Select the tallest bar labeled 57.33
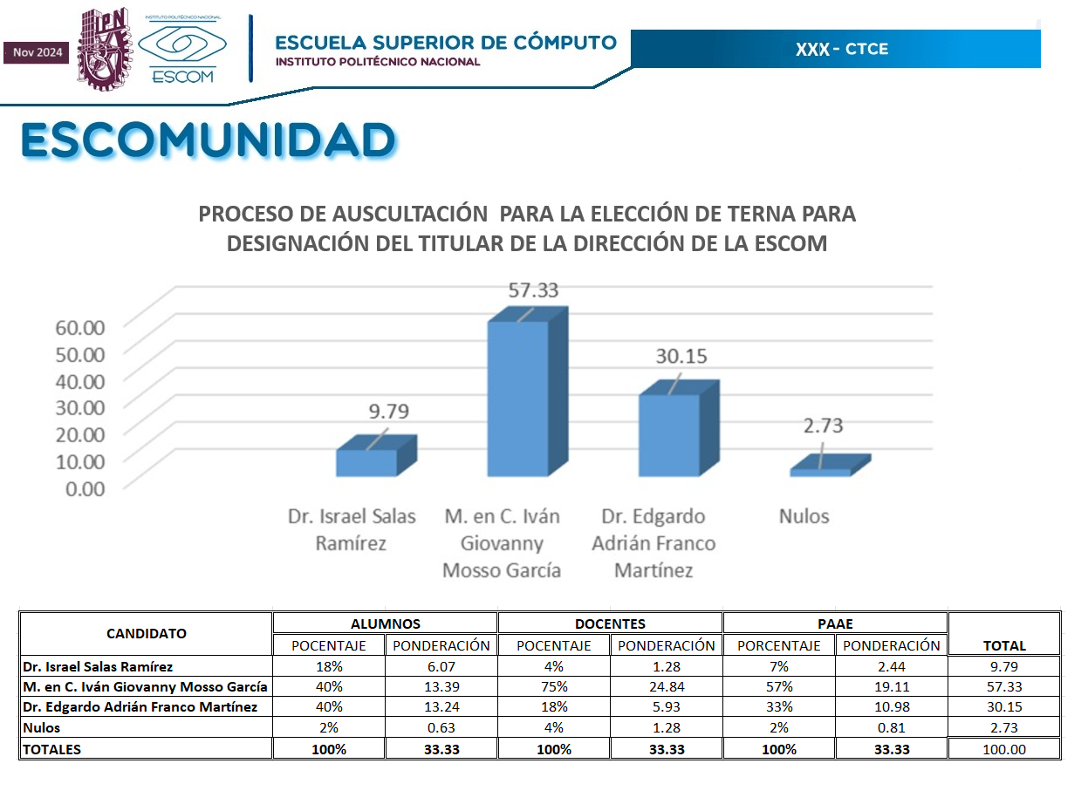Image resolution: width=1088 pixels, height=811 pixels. (x=517, y=399)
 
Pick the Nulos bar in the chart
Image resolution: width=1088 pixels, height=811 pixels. (x=820, y=472)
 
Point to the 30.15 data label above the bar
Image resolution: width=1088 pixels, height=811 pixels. (x=681, y=357)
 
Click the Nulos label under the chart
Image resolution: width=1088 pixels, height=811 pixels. (x=804, y=516)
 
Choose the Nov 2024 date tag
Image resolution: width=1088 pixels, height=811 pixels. (x=38, y=52)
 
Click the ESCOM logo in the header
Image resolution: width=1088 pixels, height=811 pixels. (x=182, y=51)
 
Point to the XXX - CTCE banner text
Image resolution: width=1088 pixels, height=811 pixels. (x=841, y=49)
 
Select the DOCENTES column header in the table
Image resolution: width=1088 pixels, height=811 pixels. (x=610, y=624)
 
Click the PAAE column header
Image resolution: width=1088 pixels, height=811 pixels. (x=835, y=624)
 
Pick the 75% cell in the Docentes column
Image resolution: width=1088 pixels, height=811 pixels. (x=553, y=686)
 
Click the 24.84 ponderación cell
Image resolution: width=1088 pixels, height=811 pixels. (x=666, y=686)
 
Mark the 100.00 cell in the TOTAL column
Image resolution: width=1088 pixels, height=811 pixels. (x=1003, y=749)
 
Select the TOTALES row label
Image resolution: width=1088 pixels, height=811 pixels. (x=52, y=749)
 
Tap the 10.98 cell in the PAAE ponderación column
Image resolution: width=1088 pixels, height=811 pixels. (x=891, y=707)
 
